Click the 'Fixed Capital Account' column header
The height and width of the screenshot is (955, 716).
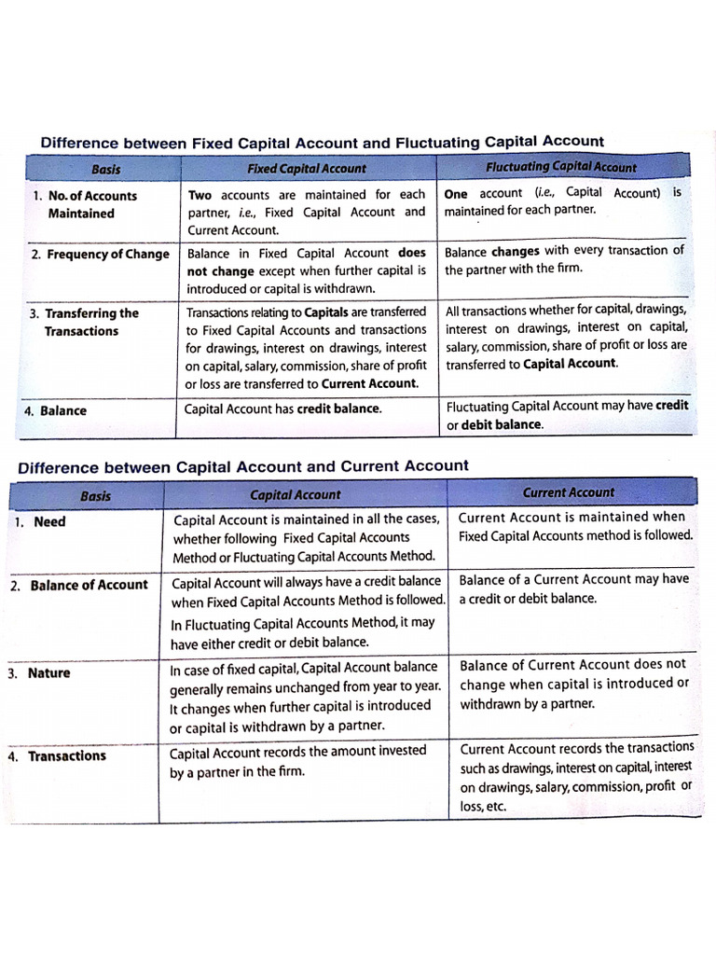coord(306,169)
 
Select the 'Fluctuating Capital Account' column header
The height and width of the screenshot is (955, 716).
coord(561,167)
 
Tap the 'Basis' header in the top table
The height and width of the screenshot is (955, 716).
coord(105,170)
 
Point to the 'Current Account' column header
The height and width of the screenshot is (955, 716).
coord(568,492)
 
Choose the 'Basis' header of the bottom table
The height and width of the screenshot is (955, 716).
coord(95,496)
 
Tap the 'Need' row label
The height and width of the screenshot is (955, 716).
coord(49,522)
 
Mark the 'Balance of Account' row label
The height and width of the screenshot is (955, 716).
coord(89,585)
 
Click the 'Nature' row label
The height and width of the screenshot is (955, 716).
coord(48,672)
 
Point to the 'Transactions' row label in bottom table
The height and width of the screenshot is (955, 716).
coord(67,756)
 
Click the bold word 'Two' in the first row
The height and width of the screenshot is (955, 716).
coord(200,195)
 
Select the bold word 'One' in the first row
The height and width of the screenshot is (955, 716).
coord(456,193)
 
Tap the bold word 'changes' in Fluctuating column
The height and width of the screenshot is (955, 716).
coord(515,251)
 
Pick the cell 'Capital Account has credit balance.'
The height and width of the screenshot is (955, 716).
coord(282,408)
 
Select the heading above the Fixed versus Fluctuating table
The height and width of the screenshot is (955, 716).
coord(322,143)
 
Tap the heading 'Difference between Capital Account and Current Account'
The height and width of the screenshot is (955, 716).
coord(243,466)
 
